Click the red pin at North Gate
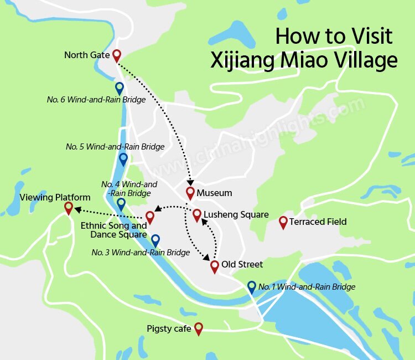pos(116,55)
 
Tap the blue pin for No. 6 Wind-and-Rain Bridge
pos(120,88)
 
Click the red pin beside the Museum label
pos(190,193)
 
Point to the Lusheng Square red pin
pos(196,214)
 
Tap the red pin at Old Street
pos(215,266)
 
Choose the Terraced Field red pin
pos(283,222)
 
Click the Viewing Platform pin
pos(69,208)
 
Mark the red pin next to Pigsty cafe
pos(199,328)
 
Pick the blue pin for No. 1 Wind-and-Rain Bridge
pos(252,287)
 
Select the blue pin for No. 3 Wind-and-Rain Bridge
pos(155,240)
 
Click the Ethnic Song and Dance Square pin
pos(149,216)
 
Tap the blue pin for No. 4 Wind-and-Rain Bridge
pos(121,204)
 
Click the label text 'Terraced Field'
pos(320,222)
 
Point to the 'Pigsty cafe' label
pos(169,329)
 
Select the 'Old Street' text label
pos(242,264)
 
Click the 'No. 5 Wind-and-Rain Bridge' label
pos(115,147)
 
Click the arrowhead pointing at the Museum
pos(191,182)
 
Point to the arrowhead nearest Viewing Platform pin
pos(77,209)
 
